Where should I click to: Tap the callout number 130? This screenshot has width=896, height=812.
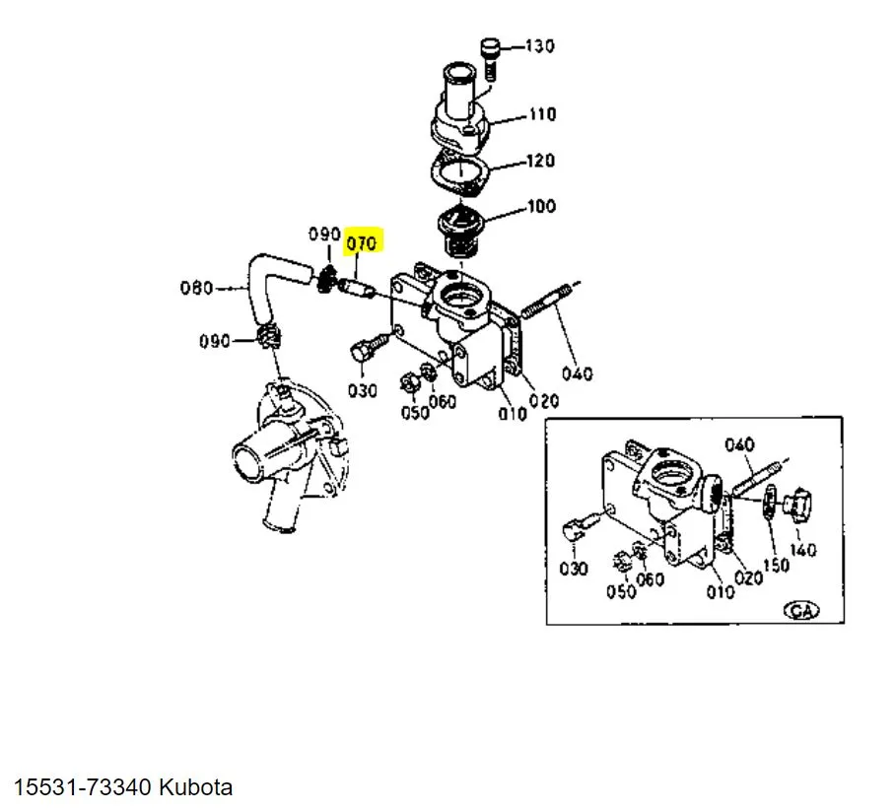click(x=539, y=45)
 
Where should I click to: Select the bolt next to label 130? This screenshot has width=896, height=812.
click(x=491, y=59)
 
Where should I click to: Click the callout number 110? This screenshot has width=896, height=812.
click(x=542, y=114)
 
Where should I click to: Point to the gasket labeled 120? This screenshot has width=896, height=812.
click(x=460, y=172)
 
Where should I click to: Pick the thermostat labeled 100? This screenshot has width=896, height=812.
click(x=460, y=232)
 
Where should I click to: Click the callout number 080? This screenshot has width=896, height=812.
click(x=196, y=288)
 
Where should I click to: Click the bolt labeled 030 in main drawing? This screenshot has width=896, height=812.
click(x=367, y=348)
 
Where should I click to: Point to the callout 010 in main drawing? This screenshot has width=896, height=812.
click(x=513, y=413)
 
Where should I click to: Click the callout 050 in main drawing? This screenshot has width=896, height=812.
click(x=415, y=412)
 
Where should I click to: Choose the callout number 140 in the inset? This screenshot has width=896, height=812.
click(x=803, y=550)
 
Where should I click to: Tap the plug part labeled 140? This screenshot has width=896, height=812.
click(x=797, y=504)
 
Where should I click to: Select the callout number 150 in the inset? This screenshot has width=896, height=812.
click(x=776, y=565)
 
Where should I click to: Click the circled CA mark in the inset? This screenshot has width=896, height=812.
click(x=801, y=610)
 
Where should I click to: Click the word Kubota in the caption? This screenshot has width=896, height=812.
click(x=195, y=786)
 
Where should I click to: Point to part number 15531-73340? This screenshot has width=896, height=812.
click(x=82, y=786)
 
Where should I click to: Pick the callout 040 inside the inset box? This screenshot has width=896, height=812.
click(x=739, y=444)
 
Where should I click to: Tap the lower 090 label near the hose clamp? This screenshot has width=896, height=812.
click(x=214, y=341)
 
